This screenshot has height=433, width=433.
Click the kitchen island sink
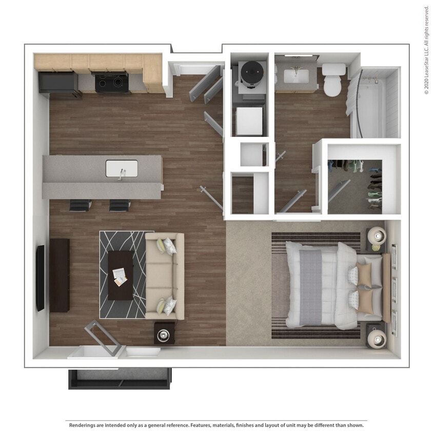click(x=122, y=168)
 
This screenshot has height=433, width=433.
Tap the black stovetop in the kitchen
click(x=111, y=83)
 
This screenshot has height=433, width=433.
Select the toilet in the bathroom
click(x=333, y=80)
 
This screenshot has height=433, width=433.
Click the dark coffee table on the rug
click(x=121, y=275)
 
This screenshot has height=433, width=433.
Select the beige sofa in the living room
click(x=164, y=275)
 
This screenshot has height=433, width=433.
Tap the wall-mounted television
click(x=40, y=278)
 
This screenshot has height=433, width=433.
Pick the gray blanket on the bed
click(x=310, y=286)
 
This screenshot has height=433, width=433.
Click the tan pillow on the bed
click(x=365, y=276)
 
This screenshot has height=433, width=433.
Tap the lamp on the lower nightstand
click(x=377, y=338)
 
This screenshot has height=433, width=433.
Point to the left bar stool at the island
click(x=80, y=205)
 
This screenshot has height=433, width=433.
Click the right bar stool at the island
click(x=120, y=205)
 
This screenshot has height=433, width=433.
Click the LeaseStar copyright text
click(x=426, y=50)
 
